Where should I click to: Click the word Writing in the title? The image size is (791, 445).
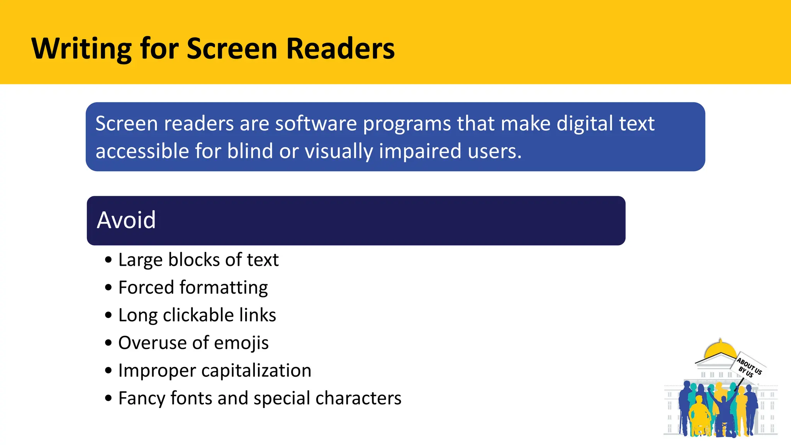[x=81, y=49]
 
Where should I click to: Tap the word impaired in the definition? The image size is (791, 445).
[x=420, y=151]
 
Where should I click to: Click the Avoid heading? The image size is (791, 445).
[x=126, y=220]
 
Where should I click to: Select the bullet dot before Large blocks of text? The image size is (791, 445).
[x=109, y=260]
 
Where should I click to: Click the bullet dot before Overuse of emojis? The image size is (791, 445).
[x=109, y=343]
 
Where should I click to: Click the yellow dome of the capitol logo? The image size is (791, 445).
[x=720, y=350]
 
